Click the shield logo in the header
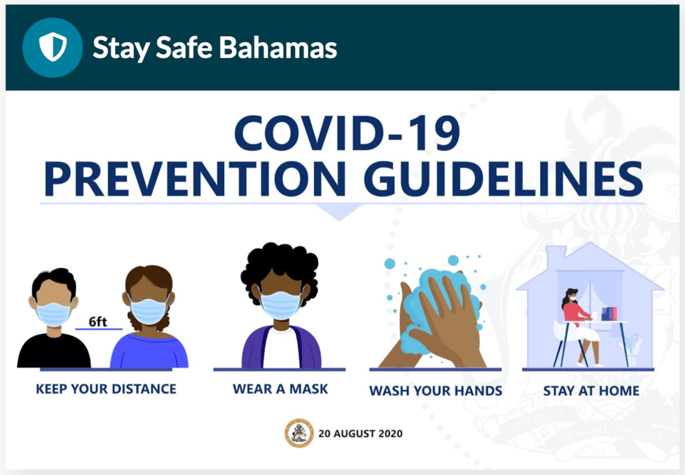52,47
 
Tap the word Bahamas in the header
278,47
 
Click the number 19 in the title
434,133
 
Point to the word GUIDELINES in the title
504,179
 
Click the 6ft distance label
98,322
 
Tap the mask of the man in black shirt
53,313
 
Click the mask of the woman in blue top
148,311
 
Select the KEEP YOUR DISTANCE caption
106,389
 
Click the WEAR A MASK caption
280,389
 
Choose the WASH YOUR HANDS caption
436,391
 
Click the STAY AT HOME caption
591,391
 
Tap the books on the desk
609,314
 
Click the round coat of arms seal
299,434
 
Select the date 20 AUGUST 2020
361,434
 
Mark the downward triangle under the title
339,212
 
